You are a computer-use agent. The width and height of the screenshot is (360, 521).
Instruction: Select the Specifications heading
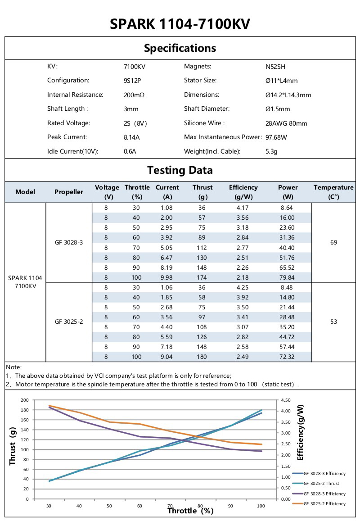pos(180,48)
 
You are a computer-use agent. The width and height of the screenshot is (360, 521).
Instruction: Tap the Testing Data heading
pos(180,170)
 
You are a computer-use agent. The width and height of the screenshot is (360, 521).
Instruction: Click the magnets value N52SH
pos(275,67)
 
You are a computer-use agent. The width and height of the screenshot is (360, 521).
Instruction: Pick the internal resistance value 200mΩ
pos(134,95)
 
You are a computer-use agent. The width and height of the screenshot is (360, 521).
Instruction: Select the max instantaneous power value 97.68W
pos(276,137)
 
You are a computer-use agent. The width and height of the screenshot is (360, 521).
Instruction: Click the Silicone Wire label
pos(204,123)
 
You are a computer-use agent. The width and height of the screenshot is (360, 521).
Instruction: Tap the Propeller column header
pos(69,192)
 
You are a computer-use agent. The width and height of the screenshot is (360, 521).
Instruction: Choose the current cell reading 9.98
pos(167,277)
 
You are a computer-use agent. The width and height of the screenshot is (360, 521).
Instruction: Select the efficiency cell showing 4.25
pos(243,287)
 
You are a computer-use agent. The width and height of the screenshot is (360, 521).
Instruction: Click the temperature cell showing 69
pos(333,242)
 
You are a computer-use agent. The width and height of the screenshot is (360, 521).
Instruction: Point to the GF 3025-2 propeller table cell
pos(69,322)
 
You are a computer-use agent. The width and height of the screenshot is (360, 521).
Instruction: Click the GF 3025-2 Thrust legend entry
pos(321,483)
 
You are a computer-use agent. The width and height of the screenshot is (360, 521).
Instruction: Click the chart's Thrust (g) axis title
pos(13,446)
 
